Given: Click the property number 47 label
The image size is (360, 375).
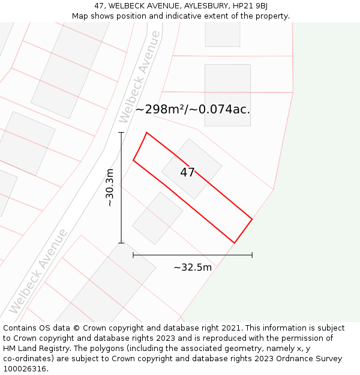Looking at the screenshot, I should [187, 173].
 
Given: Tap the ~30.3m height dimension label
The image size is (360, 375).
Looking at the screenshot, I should [110, 188].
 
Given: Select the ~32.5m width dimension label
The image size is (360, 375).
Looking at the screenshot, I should [193, 268].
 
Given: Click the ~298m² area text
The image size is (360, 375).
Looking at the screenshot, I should [160, 110].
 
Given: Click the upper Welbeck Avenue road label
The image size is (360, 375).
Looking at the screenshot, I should [140, 76].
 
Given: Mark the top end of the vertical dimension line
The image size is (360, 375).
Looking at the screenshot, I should [121, 132].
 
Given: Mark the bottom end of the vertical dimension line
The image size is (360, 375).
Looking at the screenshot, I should [121, 243].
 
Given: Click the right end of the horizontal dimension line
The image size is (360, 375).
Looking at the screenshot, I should [252, 255].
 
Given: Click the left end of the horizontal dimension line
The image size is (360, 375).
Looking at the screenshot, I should [133, 255].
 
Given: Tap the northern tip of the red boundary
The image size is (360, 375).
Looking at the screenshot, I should [146, 133].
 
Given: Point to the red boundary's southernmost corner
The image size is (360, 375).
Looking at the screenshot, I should [234, 243].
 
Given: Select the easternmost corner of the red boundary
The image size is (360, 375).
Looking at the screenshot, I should [252, 219].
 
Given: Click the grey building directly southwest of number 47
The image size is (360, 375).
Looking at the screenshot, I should [157, 218].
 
